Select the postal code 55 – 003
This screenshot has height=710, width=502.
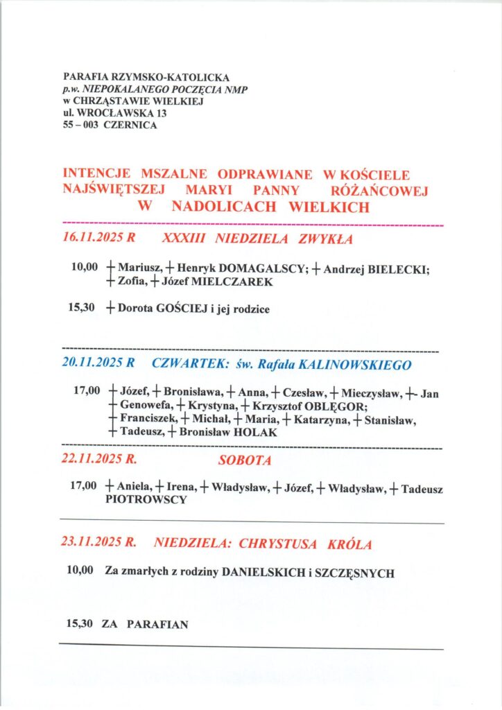point(80,125)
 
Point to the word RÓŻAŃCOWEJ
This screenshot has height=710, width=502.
point(381,189)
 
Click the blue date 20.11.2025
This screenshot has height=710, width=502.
point(92,364)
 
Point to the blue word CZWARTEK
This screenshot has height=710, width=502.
point(183,364)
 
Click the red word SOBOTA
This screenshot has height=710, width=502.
point(245,460)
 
